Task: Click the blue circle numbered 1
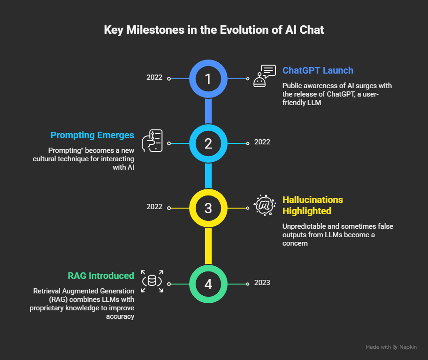(x=208, y=78)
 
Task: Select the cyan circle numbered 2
(x=208, y=143)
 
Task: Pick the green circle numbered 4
(x=208, y=284)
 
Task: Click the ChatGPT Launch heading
(x=318, y=70)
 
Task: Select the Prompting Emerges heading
(x=92, y=135)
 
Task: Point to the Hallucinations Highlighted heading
(x=313, y=205)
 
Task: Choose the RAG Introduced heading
(x=99, y=275)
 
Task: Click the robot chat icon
(x=265, y=76)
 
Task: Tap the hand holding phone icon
(x=152, y=141)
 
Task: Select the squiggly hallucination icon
(x=265, y=205)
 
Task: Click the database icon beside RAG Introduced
(x=152, y=281)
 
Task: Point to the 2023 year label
(x=262, y=283)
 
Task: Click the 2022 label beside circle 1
(x=154, y=77)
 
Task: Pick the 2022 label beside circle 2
(x=262, y=142)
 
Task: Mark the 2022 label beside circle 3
(x=154, y=207)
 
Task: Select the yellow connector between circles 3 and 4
(x=208, y=246)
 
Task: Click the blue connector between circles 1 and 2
(x=208, y=111)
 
